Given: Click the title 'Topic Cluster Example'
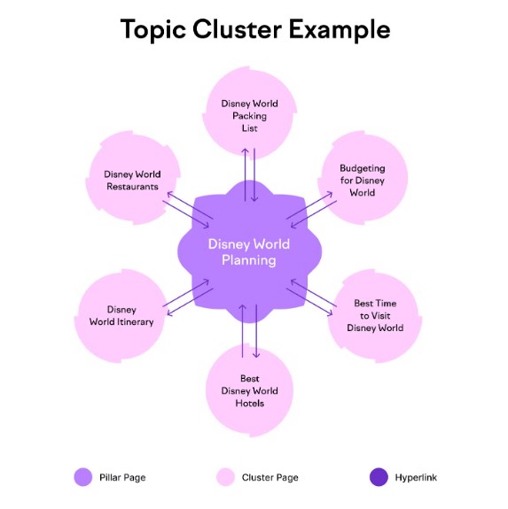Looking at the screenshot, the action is pyautogui.click(x=255, y=30).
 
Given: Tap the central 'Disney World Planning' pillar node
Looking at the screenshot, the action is pyautogui.click(x=249, y=251).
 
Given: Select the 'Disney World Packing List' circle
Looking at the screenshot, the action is pyautogui.click(x=249, y=112).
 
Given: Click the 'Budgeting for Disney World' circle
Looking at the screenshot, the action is pyautogui.click(x=363, y=178).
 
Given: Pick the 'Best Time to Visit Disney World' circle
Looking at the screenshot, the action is pyautogui.click(x=375, y=315).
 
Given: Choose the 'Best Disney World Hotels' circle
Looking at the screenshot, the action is pyautogui.click(x=249, y=390).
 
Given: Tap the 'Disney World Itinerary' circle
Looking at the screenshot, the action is pyautogui.click(x=121, y=315).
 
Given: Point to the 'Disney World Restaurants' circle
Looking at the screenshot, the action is pyautogui.click(x=133, y=178).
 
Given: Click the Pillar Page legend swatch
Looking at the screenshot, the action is pyautogui.click(x=83, y=477).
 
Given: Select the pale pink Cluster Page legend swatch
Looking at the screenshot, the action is pyautogui.click(x=225, y=477).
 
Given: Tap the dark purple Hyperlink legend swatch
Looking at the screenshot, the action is pyautogui.click(x=379, y=477).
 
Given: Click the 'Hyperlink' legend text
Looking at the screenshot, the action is pyautogui.click(x=416, y=477).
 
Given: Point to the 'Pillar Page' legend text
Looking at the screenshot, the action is pyautogui.click(x=122, y=477).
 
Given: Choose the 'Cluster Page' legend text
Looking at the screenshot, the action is pyautogui.click(x=270, y=477).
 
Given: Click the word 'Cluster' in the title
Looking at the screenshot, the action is pyautogui.click(x=238, y=29).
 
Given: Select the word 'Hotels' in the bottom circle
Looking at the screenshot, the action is pyautogui.click(x=250, y=403).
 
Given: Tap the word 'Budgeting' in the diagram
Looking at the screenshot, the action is pyautogui.click(x=363, y=168).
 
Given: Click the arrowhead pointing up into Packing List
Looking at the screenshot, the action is pyautogui.click(x=246, y=150).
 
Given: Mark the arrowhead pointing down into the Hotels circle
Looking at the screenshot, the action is pyautogui.click(x=256, y=355).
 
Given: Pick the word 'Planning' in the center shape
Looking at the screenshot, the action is pyautogui.click(x=249, y=260).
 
